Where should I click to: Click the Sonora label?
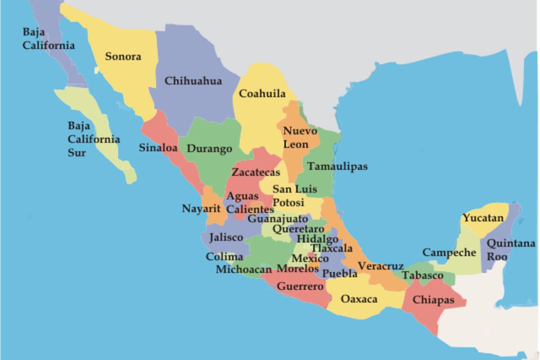pyautogui.click(x=123, y=57)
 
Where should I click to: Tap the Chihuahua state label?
pyautogui.click(x=193, y=81)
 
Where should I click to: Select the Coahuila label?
pyautogui.click(x=262, y=94)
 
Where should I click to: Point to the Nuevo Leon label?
pyautogui.click(x=299, y=137)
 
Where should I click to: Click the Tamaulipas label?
pyautogui.click(x=337, y=166)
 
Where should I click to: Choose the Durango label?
pyautogui.click(x=209, y=148)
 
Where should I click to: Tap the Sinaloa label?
pyautogui.click(x=157, y=148)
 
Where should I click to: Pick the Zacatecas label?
pyautogui.click(x=256, y=172)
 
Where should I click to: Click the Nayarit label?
pyautogui.click(x=201, y=209)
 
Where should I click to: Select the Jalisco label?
pyautogui.click(x=226, y=237)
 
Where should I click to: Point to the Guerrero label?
pyautogui.click(x=300, y=286)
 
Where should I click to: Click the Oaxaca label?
pyautogui.click(x=359, y=299)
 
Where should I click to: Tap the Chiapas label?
pyautogui.click(x=433, y=300)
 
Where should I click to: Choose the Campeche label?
pyautogui.click(x=449, y=252)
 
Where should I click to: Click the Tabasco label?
pyautogui.click(x=422, y=275)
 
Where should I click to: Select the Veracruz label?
pyautogui.click(x=380, y=266)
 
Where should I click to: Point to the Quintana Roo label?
pyautogui.click(x=511, y=250)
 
